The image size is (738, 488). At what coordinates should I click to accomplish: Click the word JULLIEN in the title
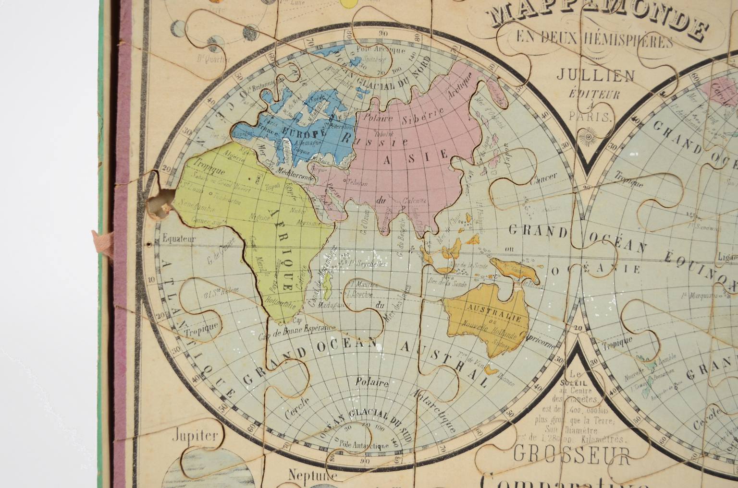point(595,75)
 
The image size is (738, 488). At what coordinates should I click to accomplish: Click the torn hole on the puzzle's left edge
point(160,203)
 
